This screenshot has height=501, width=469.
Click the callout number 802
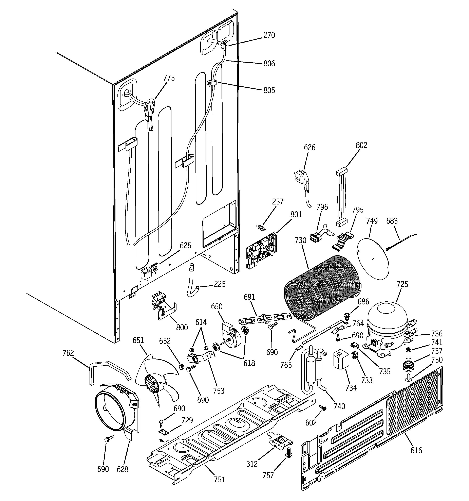tap(361, 145)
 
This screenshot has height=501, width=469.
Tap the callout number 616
tap(416, 450)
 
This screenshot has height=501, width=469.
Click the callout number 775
tap(169, 78)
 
